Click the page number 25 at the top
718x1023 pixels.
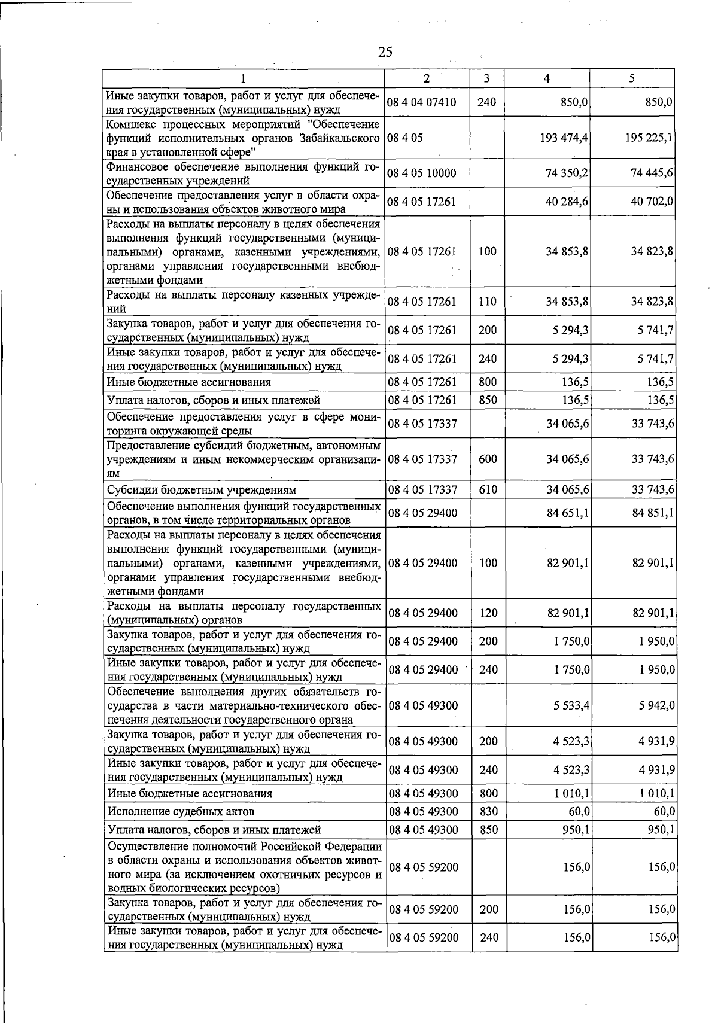point(385,52)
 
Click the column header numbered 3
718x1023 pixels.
point(486,78)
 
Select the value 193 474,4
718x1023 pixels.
point(564,138)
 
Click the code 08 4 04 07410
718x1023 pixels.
point(422,102)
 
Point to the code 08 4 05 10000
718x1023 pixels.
point(422,173)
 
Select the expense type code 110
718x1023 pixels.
point(488,302)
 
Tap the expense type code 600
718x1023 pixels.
point(488,459)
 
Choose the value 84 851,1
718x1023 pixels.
point(653,513)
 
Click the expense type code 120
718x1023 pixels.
point(488,613)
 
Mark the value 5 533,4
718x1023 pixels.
point(571,706)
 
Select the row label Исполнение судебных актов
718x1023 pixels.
point(181,812)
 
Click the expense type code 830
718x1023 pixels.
point(488,812)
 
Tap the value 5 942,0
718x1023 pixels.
point(657,706)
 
